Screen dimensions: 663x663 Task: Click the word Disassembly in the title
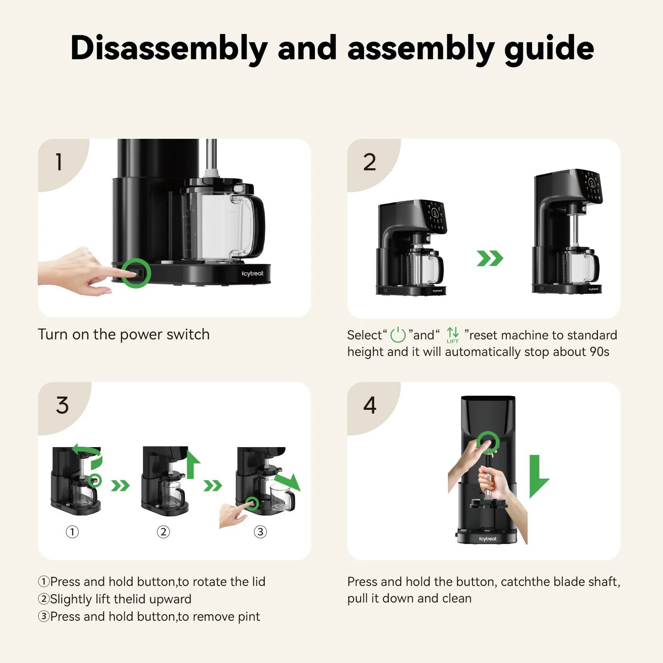(169, 49)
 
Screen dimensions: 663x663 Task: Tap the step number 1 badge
(59, 162)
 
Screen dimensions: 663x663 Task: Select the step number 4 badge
(370, 405)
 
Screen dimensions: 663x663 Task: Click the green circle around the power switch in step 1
(136, 273)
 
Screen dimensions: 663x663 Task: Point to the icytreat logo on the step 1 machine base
(252, 273)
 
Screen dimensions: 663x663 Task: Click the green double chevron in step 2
(490, 258)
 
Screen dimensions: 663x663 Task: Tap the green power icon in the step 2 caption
(398, 335)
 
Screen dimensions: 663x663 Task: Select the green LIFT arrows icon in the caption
(452, 334)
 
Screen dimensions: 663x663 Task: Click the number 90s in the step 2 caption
(599, 352)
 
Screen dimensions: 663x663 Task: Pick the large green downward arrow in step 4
(537, 477)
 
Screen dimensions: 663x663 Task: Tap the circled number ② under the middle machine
(163, 532)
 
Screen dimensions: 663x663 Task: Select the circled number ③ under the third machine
(260, 532)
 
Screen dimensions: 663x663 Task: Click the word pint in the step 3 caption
(249, 617)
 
